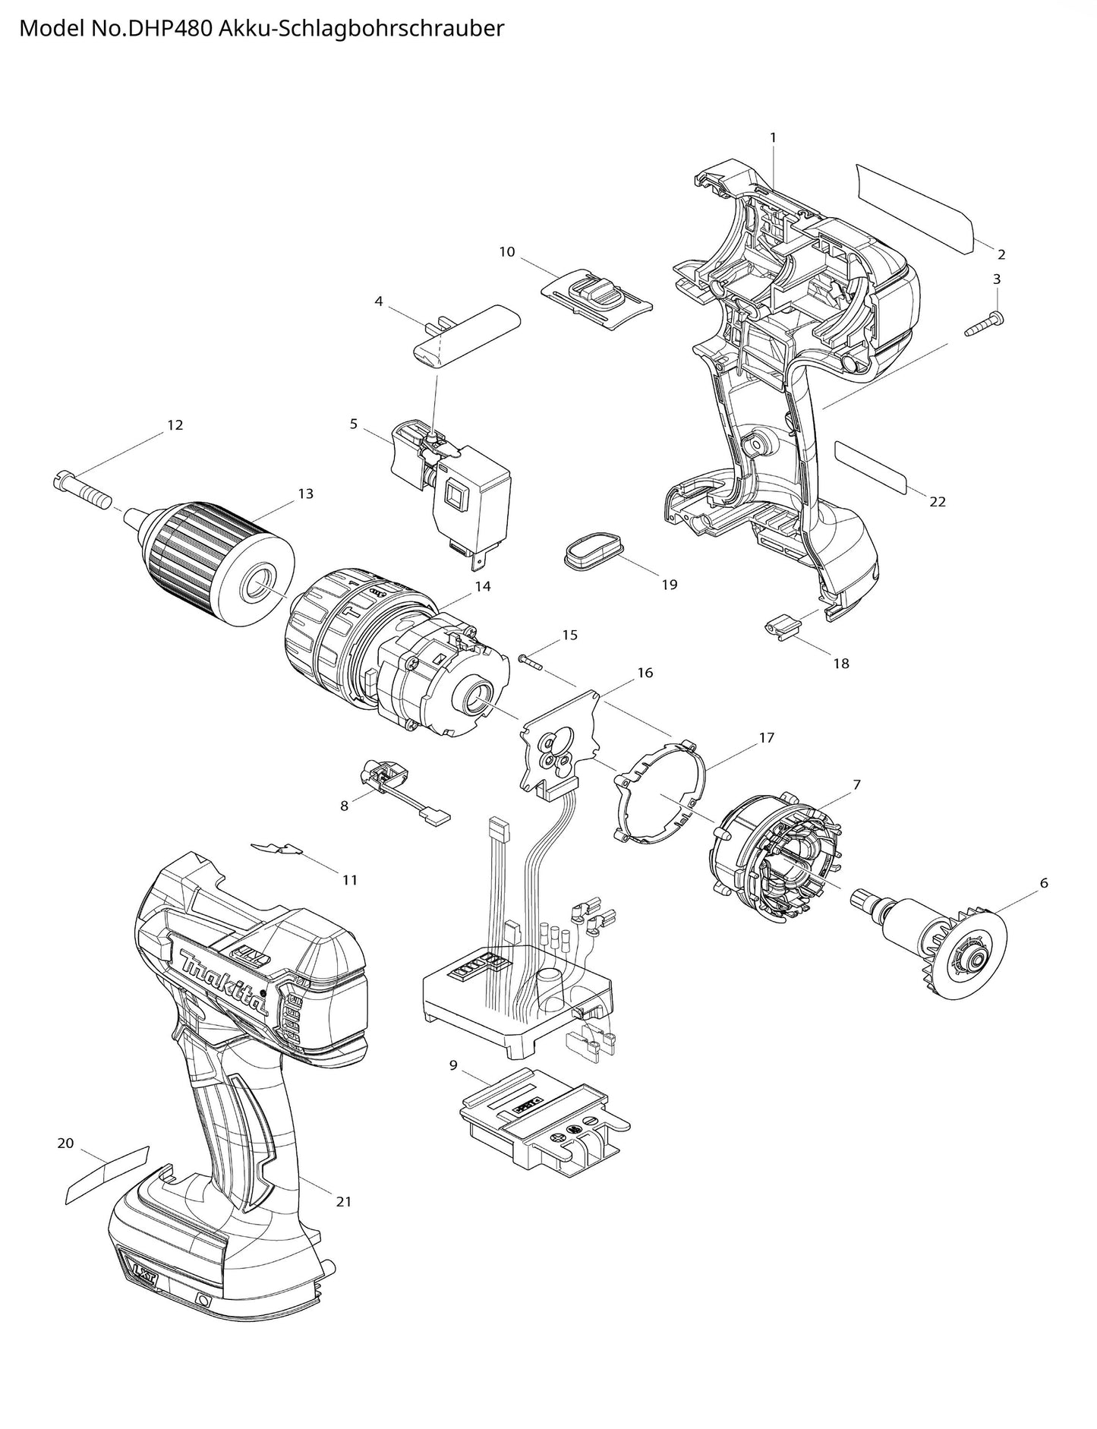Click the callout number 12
[x=175, y=425]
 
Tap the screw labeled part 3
[x=984, y=324]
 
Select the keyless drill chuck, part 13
[x=216, y=562]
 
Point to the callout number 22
[x=938, y=502]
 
